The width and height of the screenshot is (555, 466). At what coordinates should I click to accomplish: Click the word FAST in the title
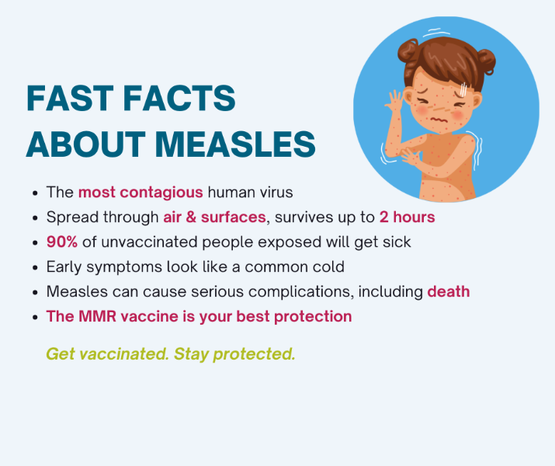(70, 98)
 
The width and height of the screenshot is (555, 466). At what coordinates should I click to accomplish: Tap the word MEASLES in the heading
(235, 144)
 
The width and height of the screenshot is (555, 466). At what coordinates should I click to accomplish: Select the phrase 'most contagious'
(140, 193)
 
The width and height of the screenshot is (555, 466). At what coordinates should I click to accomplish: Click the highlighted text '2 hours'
(407, 217)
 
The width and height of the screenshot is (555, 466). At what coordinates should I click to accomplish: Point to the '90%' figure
(62, 242)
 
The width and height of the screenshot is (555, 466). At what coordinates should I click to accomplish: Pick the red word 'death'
(449, 291)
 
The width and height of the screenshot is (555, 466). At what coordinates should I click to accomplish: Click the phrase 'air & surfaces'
(214, 217)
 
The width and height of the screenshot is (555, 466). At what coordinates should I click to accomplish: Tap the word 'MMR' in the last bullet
(97, 316)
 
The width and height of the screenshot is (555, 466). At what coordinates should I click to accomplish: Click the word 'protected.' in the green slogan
(254, 354)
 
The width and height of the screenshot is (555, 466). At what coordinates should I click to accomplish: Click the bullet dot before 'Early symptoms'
(35, 268)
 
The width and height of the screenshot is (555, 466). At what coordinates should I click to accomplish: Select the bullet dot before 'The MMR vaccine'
(35, 318)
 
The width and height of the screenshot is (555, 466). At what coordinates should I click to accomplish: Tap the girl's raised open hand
(394, 100)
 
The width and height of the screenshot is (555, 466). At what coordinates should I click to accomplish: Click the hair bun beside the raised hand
(408, 50)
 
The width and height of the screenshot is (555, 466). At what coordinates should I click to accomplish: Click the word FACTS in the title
(179, 98)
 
